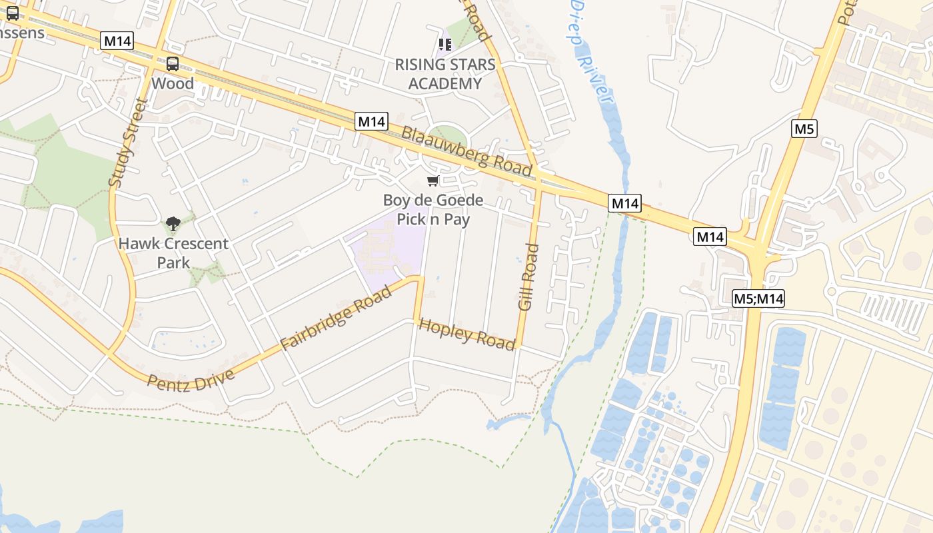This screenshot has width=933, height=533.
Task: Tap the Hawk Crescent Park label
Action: pyautogui.click(x=173, y=253)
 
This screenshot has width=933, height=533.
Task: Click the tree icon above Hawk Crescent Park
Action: pyautogui.click(x=173, y=224)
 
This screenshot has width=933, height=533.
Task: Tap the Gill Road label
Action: pyautogui.click(x=528, y=276)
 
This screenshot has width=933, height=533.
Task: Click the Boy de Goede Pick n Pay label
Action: pyautogui.click(x=433, y=210)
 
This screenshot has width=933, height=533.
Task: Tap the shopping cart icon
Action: pyautogui.click(x=433, y=181)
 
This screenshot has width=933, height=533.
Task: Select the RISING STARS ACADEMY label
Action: pyautogui.click(x=445, y=74)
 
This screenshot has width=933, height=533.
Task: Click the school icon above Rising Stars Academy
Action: pyautogui.click(x=445, y=45)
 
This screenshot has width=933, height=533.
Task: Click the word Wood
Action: pyautogui.click(x=173, y=83)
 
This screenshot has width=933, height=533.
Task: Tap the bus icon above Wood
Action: pyautogui.click(x=173, y=64)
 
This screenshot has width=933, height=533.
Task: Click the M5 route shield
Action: pyautogui.click(x=804, y=129)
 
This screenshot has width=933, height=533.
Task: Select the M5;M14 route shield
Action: pyautogui.click(x=758, y=298)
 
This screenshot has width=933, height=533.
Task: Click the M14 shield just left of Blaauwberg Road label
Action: pyautogui.click(x=371, y=121)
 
